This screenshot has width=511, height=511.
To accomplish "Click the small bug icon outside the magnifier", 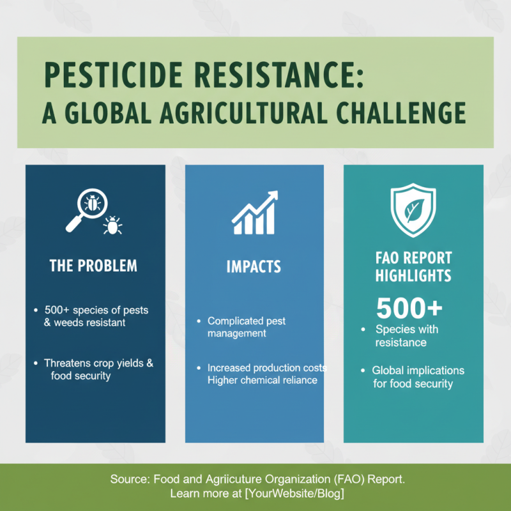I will click(113, 225).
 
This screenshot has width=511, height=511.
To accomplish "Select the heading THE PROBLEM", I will click(93, 265).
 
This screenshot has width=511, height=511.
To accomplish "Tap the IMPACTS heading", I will click(254, 266).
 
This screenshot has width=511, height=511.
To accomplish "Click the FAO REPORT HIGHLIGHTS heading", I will click(413, 267).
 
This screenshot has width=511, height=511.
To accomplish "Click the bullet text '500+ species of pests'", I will click(96, 310).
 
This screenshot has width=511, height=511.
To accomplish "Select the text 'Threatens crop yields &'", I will click(99, 363).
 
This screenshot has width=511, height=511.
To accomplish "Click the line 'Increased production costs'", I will click(267, 368).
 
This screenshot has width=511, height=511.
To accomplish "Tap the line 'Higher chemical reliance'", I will click(262, 381).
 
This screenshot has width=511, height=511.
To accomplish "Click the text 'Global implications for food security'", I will click(418, 377).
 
